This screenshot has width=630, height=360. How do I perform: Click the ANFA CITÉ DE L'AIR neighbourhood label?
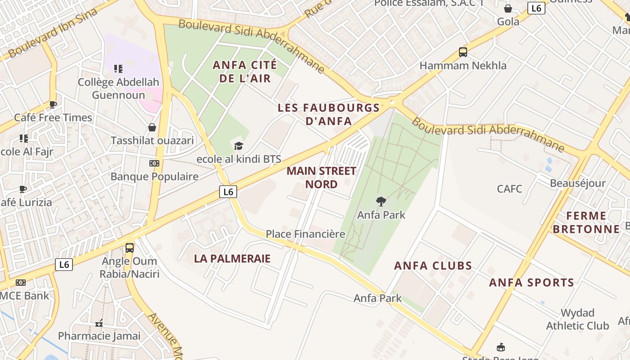242,72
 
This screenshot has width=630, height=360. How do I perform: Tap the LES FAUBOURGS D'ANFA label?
328,114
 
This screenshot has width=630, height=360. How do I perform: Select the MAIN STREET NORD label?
321,177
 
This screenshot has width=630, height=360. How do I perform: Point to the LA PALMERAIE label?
232,258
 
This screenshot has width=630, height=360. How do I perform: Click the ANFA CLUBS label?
433,265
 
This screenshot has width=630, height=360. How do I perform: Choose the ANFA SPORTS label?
531,283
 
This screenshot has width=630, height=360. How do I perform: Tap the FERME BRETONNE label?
586,222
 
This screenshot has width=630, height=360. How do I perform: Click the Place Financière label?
305,234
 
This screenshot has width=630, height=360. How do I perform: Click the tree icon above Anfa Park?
381,202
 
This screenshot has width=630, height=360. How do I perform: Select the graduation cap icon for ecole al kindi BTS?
238,146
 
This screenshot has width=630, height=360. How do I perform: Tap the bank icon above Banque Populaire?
154,163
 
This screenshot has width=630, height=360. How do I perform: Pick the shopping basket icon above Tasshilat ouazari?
152,127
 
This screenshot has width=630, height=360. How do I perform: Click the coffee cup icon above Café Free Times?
53,105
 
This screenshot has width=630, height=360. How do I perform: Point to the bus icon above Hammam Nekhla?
463,52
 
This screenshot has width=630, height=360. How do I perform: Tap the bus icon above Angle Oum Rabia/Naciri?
130,247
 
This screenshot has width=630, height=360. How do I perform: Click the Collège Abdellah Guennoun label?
118,89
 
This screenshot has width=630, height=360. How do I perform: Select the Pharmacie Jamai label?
99,336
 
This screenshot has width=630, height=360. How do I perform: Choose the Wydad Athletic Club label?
577,319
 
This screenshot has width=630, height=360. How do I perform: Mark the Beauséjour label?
578,184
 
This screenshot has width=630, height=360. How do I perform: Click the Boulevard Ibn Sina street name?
53,33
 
